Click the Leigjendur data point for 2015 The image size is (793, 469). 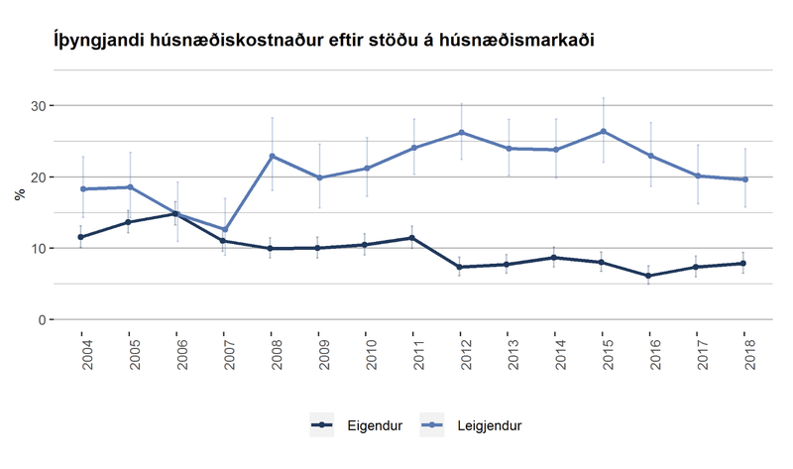602,131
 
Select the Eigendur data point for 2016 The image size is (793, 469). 649,276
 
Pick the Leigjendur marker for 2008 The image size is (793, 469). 273,156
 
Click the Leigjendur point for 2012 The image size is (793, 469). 461,132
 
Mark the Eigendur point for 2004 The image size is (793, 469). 82,237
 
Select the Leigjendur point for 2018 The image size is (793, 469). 743,179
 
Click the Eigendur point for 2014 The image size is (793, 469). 555,258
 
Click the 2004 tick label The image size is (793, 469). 82,352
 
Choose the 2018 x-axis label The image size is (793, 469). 743,352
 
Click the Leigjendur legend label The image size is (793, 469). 490,425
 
